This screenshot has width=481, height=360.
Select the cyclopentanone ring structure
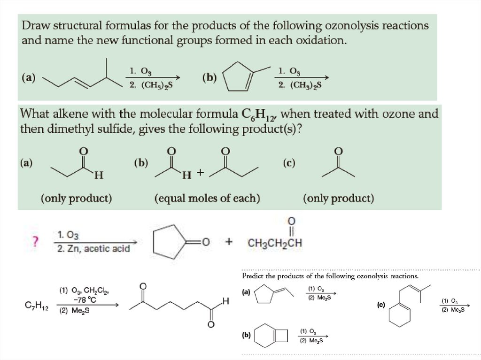[169, 242]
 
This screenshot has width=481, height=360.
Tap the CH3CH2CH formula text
[275, 244]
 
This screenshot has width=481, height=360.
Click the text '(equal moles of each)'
[207, 199]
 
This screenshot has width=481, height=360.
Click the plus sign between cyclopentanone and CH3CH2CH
[229, 242]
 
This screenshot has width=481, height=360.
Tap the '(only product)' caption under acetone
[339, 199]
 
